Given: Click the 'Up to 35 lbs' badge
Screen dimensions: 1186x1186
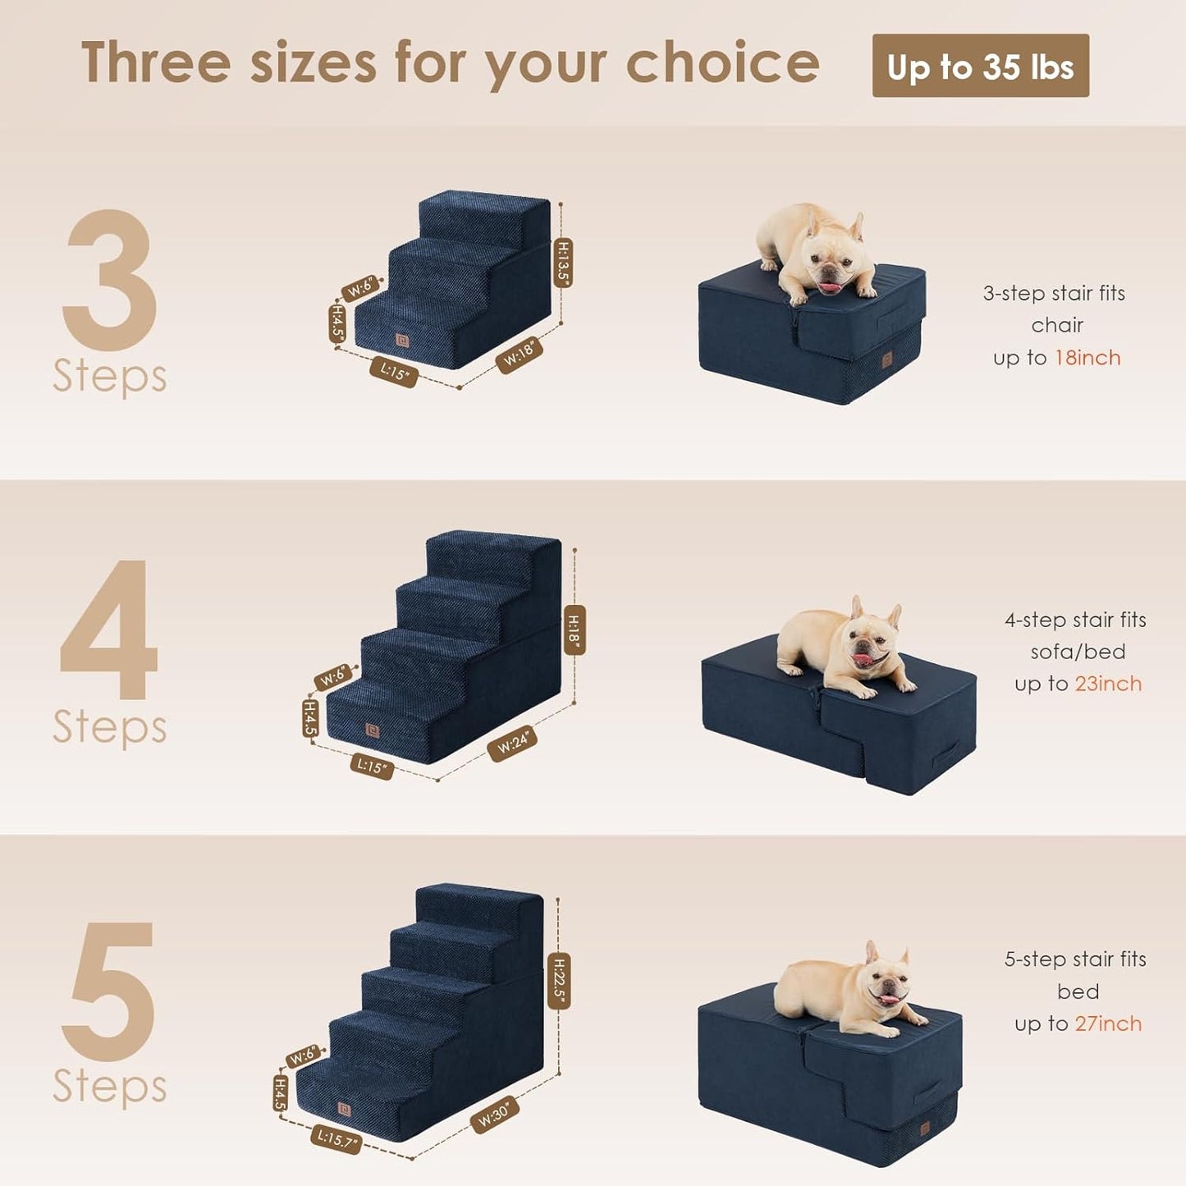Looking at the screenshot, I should [x=980, y=66].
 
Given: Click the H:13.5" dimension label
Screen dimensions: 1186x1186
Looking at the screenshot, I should [x=564, y=262].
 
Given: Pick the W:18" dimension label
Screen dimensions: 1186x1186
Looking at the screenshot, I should [x=519, y=355].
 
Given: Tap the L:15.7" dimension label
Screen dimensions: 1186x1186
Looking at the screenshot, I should [x=335, y=1138].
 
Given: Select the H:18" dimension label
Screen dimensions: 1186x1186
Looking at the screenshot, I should [x=574, y=630].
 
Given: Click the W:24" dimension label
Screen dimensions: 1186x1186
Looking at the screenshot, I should [x=513, y=744].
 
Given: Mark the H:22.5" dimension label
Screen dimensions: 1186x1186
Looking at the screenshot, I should [x=559, y=981].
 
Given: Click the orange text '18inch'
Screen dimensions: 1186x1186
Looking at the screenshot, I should [x=1088, y=358].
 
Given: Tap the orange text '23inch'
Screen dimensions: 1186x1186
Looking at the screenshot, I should [x=1108, y=684].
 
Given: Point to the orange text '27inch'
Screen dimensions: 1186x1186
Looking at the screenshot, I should [x=1108, y=1023].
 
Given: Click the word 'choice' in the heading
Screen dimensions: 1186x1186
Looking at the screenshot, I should [x=722, y=64].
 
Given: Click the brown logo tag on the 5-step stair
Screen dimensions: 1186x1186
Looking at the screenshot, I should [x=344, y=1110].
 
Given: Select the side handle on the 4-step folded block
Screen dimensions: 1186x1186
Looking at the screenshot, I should [x=953, y=751].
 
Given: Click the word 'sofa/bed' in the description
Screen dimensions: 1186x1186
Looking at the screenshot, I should [x=1078, y=652].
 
